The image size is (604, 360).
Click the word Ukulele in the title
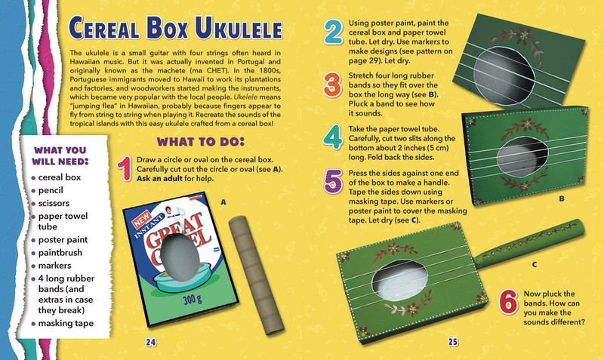coord(239,28)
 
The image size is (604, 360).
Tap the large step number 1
coord(125,168)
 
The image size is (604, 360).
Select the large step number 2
coord(333,32)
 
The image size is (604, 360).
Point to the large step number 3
coord(332,85)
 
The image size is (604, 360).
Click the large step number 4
coord(332,137)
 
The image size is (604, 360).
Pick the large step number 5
coord(333,181)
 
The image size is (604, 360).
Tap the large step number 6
coord(508,302)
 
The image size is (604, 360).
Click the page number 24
coord(150,342)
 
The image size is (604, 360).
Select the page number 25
coord(452,342)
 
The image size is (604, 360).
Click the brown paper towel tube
coord(256,275)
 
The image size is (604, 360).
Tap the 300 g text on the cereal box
coord(193,299)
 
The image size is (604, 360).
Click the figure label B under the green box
coord(561,198)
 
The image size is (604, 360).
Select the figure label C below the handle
coord(534,264)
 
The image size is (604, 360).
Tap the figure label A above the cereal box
coord(223,202)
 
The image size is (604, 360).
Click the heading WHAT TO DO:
coord(200,142)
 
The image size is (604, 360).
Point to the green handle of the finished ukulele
coord(529,244)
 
